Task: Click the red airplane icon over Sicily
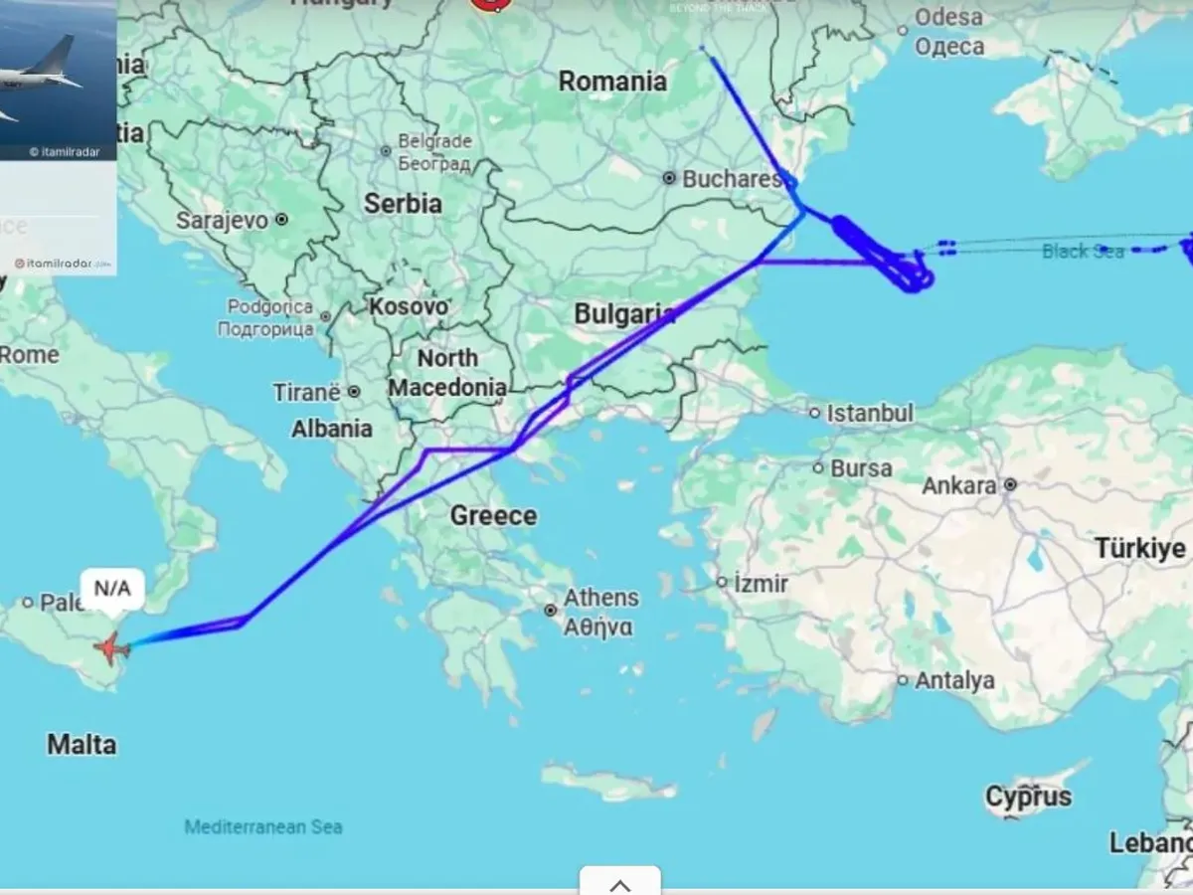111,647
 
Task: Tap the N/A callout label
111,588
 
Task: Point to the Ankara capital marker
1010,485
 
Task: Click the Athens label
600,598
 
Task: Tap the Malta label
82,744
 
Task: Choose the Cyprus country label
1029,797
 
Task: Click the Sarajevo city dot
281,220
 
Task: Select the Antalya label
955,681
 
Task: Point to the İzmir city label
761,583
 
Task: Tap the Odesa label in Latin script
948,17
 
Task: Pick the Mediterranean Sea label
263,826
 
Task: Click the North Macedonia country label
446,372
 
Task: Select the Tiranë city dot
354,393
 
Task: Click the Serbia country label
403,204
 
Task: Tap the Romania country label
612,82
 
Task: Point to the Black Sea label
1082,251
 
